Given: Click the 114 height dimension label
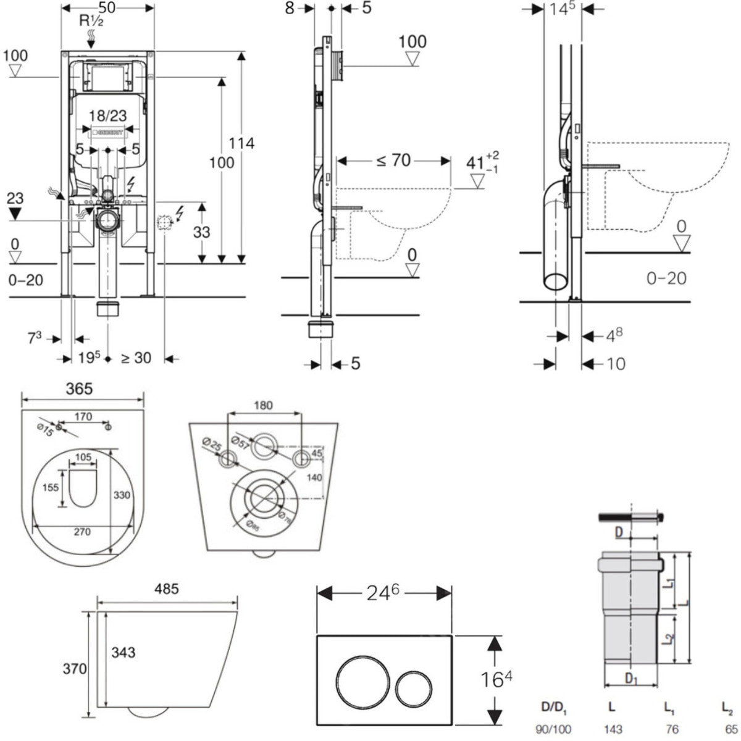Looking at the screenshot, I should click(241, 143).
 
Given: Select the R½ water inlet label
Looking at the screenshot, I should click(91, 20).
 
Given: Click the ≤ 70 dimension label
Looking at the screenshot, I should click(393, 161).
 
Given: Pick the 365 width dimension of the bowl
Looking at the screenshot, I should click(79, 388).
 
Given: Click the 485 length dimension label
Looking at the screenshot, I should click(166, 588).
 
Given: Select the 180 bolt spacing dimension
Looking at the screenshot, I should click(263, 406).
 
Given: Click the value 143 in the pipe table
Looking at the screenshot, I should click(613, 729).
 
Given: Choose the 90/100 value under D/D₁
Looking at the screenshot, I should click(553, 729).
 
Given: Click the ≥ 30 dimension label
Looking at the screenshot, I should click(135, 358).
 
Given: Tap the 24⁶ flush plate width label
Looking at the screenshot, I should click(383, 593).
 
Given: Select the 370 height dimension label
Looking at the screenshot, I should click(75, 668).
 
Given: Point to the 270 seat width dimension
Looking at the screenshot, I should click(82, 532).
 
